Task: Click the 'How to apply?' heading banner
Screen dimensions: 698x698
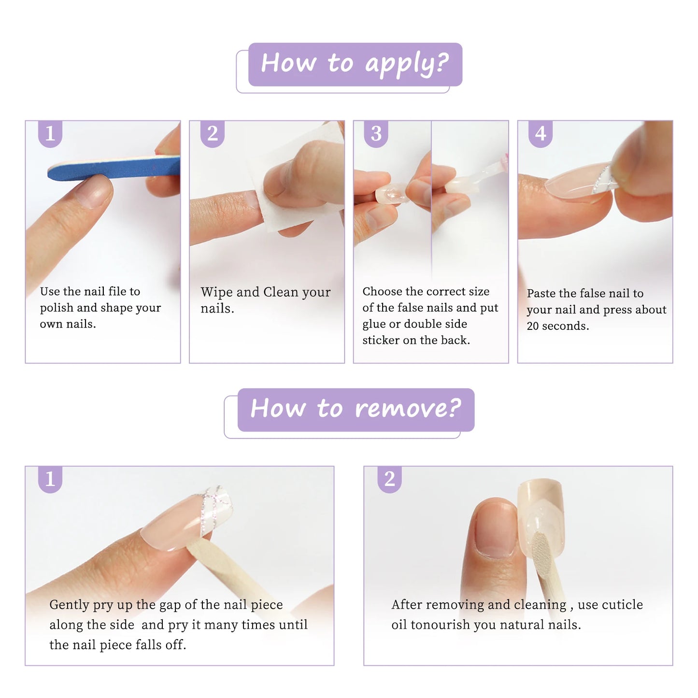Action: pos(355,64)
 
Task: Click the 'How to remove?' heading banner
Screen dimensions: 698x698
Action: pos(356,409)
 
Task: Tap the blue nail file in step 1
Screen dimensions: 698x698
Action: pos(114,168)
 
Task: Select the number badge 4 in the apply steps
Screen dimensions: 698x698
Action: pos(541,134)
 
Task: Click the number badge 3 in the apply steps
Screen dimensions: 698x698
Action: pos(376,134)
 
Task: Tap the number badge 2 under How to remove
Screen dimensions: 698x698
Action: pos(389,479)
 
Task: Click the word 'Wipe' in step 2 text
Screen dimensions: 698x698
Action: pos(216,292)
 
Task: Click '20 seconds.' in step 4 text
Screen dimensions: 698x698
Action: pos(557,326)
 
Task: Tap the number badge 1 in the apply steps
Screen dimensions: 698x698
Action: pos(50,134)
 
